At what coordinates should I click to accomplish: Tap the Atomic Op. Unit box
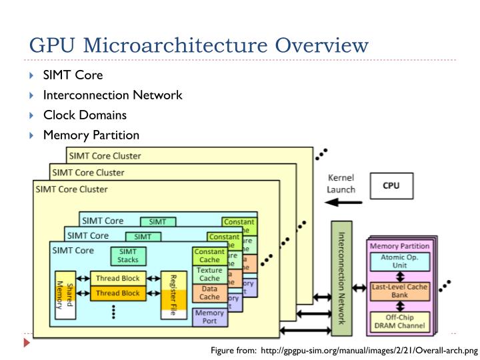399,261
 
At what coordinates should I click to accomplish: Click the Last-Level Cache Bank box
399,291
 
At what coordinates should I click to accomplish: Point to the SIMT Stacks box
128,255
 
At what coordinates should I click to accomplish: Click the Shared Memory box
64,294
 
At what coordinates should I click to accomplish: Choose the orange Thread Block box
117,293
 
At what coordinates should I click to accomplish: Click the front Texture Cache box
209,274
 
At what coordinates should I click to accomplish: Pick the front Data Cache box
209,293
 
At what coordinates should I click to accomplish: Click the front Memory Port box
209,316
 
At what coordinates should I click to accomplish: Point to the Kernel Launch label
340,184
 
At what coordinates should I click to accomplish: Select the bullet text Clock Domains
85,115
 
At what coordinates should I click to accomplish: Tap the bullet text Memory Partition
91,135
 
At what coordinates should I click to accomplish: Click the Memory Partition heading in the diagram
399,246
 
